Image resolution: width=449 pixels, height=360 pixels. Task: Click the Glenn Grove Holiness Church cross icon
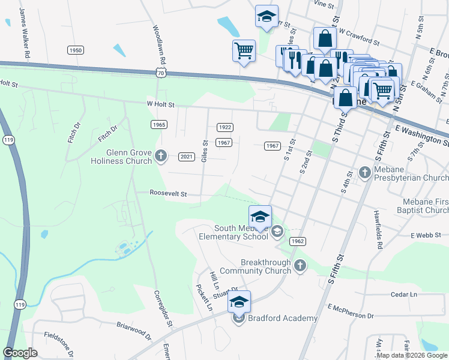(x=160, y=156)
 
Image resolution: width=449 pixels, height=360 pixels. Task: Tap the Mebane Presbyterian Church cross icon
(x=365, y=173)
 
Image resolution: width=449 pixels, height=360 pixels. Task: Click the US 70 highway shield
(x=160, y=72)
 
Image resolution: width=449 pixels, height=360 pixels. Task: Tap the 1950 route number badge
(x=75, y=50)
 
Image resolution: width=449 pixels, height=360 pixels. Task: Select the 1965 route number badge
(x=158, y=124)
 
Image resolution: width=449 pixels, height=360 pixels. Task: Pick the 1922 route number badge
(x=224, y=127)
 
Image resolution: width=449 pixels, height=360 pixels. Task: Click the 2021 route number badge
(x=187, y=157)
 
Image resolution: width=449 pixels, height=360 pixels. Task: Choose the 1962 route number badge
(x=298, y=241)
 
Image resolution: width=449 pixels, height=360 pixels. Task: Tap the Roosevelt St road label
(x=169, y=194)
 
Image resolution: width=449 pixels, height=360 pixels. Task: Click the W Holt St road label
(x=160, y=104)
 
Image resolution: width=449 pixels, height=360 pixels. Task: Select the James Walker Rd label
(x=25, y=33)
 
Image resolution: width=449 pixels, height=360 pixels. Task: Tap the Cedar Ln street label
(x=403, y=295)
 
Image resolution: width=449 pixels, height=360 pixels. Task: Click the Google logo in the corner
(x=20, y=353)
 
